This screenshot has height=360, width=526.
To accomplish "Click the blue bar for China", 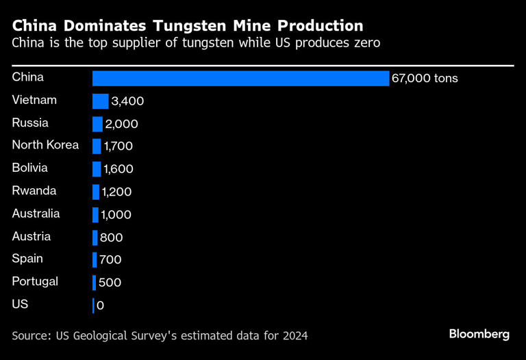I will point(240,78).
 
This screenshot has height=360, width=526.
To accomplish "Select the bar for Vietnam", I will point(100,101).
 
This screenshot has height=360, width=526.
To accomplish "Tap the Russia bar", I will point(97,124).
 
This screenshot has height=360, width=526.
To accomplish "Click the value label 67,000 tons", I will point(424,79).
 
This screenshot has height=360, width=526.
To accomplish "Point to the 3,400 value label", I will point(127,101).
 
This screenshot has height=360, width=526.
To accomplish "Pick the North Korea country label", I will point(45,145).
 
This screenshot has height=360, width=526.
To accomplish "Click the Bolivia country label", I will point(30,168).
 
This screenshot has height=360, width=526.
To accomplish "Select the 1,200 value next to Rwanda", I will point(116,192).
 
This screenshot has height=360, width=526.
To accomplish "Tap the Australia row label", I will point(36,214).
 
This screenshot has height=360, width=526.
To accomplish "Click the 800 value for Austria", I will point(111,237).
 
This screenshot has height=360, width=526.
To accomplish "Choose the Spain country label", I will point(27,259).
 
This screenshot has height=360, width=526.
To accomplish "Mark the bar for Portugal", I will point(94,283).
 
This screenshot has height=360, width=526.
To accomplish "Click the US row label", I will point(20,304).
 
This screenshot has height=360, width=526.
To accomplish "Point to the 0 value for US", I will point(101,305).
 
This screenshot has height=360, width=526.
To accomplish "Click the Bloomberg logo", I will point(479,334).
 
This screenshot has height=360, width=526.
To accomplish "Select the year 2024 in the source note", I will point(294,335).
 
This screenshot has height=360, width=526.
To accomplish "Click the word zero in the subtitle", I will point(366,43).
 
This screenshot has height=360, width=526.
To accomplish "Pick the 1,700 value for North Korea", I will point(118,146).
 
